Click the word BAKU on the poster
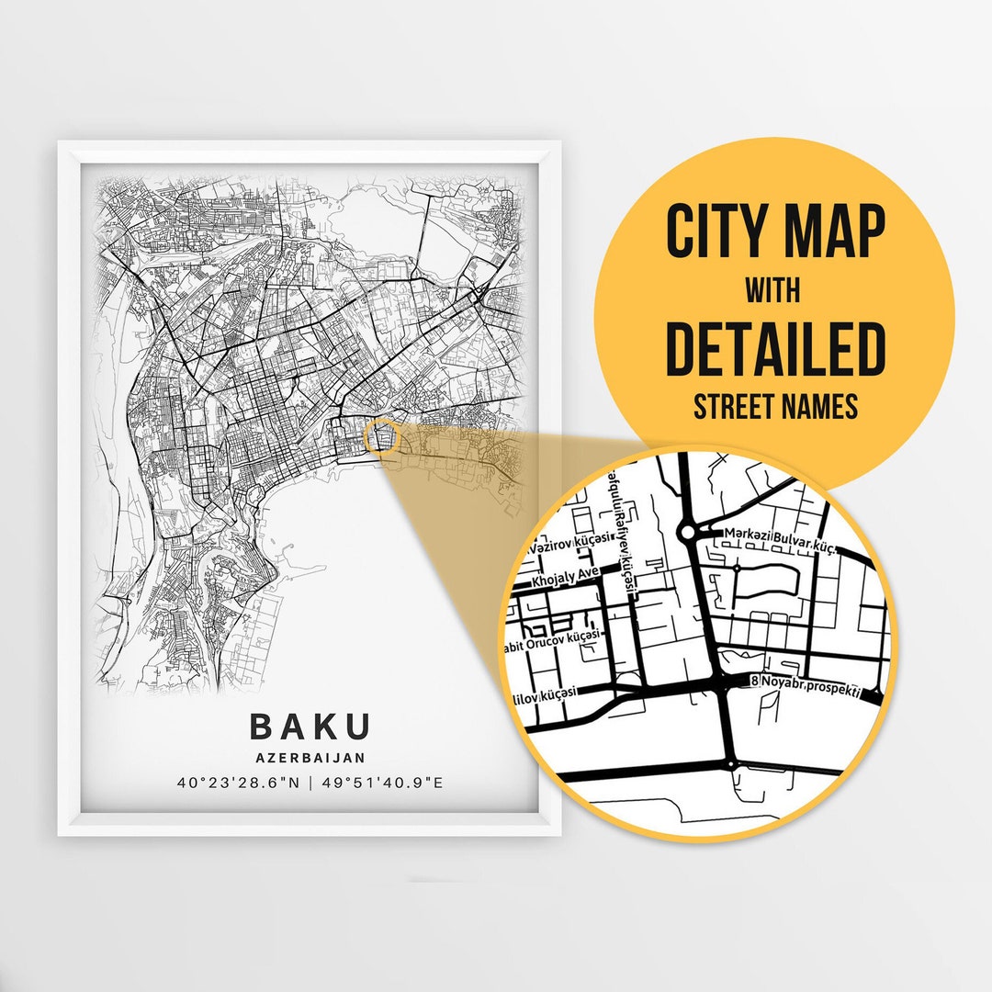click(x=310, y=726)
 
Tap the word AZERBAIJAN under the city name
click(x=310, y=758)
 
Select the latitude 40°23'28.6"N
click(x=238, y=783)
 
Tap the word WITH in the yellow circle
click(x=772, y=291)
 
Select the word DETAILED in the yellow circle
click(x=775, y=350)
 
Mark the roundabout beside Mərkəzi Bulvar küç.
click(x=688, y=532)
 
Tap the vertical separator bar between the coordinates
click(x=310, y=783)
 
